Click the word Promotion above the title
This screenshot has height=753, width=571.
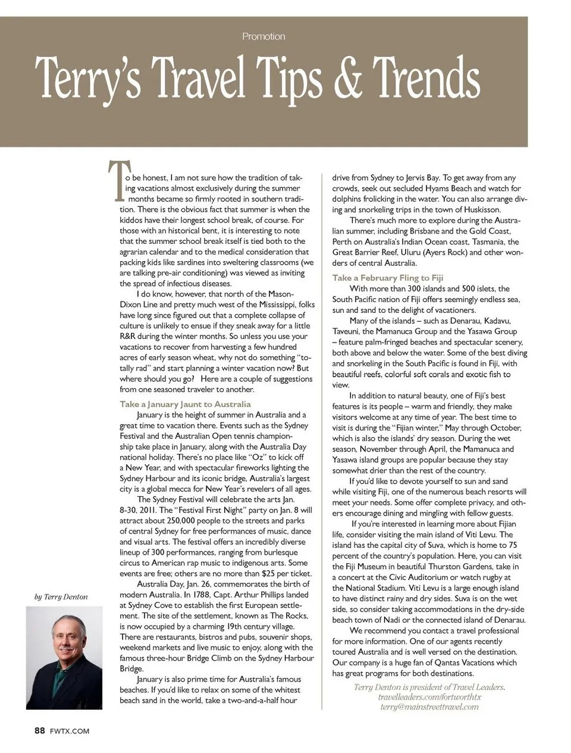coord(263,36)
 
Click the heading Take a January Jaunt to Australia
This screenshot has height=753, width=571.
coord(185,404)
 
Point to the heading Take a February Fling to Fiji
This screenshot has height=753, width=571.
coord(387,278)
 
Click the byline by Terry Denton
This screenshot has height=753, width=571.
coord(61,597)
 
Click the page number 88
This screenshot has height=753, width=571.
coord(39,730)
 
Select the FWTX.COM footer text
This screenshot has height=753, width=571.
coord(70,731)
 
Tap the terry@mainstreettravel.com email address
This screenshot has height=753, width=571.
coord(429,707)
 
